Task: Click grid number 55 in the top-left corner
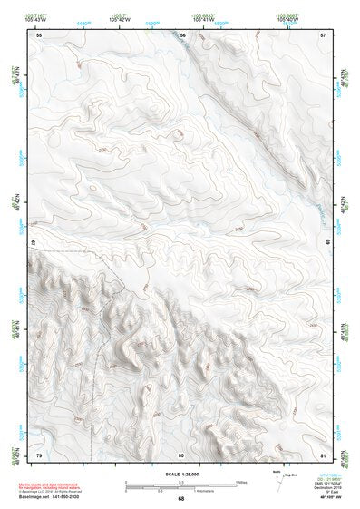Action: click(39, 34)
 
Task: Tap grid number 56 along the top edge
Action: click(182, 34)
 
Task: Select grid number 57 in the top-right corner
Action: click(324, 34)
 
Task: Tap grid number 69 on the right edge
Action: click(328, 243)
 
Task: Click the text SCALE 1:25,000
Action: click(181, 474)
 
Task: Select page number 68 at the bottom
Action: click(181, 499)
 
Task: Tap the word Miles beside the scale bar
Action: click(241, 482)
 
